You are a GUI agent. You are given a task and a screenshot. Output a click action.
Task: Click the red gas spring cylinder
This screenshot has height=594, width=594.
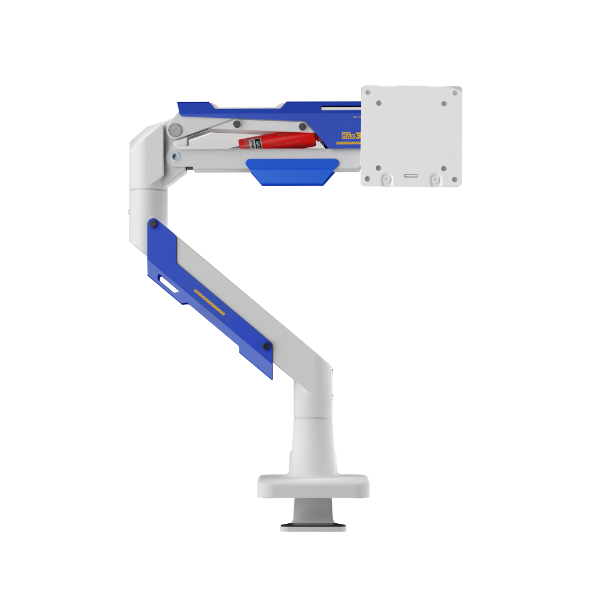coord(287,140)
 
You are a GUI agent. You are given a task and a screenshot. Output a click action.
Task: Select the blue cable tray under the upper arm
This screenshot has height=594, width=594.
coord(292,172)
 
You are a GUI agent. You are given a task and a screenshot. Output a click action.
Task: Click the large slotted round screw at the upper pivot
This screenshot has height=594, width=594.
coord(175,130)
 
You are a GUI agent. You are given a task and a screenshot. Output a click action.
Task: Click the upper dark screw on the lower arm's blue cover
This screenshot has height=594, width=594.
coord(153,224)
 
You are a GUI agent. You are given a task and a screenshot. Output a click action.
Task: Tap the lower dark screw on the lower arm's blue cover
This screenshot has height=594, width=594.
coord(266,346)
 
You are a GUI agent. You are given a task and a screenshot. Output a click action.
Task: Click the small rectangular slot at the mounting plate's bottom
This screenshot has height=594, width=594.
coord(411,175)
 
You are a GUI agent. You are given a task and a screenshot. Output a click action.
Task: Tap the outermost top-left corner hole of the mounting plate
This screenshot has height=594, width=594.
coord(368,92)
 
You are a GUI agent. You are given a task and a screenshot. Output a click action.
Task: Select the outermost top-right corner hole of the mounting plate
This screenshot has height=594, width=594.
coord(455,92)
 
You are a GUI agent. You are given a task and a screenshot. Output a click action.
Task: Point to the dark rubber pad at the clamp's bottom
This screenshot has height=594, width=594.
coord(313,528)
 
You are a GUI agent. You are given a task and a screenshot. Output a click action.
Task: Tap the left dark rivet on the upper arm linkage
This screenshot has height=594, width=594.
coord(237,124)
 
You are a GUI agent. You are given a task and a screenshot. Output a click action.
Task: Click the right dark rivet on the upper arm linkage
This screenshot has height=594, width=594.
coord(302,126)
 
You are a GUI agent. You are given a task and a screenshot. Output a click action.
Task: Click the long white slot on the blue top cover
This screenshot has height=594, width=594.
coord(342,107)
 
